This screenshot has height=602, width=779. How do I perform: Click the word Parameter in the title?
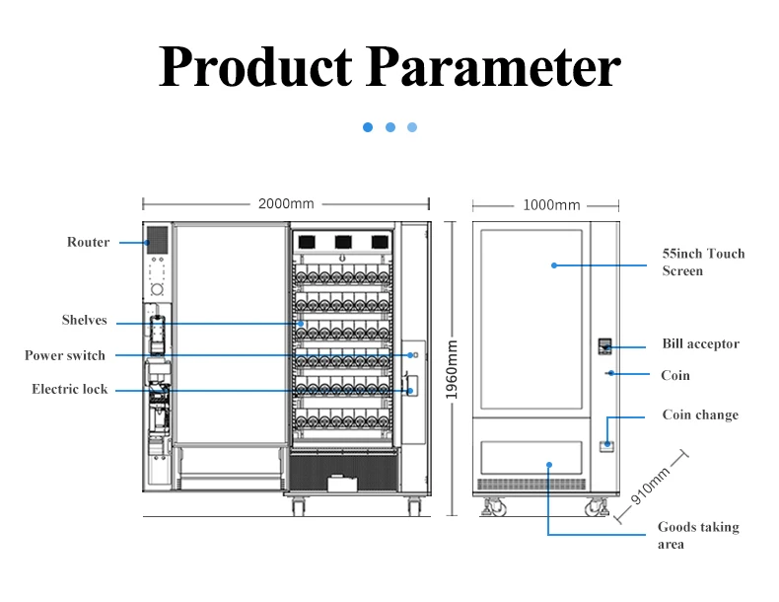pos(493,67)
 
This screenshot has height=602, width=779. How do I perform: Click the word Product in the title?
pos(255,67)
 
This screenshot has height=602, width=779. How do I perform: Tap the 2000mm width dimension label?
pos(286,204)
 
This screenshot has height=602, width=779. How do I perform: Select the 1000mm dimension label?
pos(551,205)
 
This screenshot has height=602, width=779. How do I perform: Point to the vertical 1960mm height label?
pos(451,369)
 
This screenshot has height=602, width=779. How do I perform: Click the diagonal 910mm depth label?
pos(650,486)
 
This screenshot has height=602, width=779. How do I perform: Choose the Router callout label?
pos(88,242)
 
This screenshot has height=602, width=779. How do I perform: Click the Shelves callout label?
pos(85,320)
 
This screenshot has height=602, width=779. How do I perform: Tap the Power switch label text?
pos(65,355)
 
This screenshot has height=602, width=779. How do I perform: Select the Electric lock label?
pos(70,389)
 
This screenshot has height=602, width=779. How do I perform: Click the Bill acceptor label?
pos(700,344)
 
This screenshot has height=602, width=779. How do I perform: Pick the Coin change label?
pos(700,415)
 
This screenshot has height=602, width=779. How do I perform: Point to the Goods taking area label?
pos(698,536)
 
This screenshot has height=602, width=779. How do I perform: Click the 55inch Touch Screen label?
pos(703,263)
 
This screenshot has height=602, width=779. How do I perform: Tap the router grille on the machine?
pos(157,240)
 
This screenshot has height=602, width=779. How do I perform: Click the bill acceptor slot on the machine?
pos(604,346)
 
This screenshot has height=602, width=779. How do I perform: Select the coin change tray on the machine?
pos(606,446)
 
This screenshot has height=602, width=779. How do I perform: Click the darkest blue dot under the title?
pos(368,127)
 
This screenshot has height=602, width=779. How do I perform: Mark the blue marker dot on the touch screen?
pos(554,265)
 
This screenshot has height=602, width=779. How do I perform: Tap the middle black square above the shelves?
pos(343,242)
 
